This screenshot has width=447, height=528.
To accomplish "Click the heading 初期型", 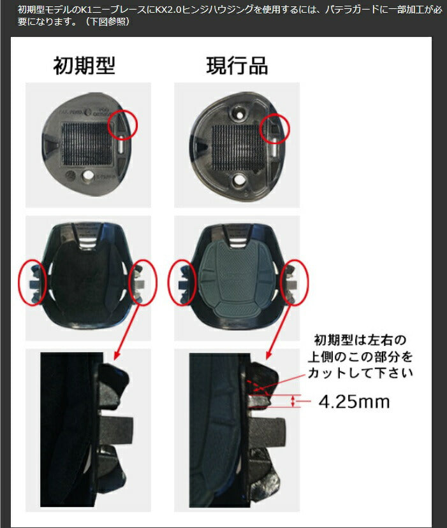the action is point(84,66).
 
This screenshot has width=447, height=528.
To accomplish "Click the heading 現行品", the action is point(237,66).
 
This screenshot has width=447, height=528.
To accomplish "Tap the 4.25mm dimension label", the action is point(354,401).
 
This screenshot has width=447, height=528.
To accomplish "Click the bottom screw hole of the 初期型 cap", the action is point(89,175).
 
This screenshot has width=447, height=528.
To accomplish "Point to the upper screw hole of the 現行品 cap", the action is point(239,115).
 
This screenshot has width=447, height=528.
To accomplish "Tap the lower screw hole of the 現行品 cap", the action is point(239,180).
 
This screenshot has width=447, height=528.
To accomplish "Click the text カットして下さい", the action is point(360,373).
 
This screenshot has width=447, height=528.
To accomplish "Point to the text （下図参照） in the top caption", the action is point(107,22).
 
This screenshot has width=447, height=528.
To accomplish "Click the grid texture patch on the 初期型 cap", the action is point(86,144).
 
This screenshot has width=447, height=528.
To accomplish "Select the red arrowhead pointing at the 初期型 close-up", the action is point(117,355).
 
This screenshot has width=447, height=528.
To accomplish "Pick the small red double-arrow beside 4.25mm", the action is point(293,401).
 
